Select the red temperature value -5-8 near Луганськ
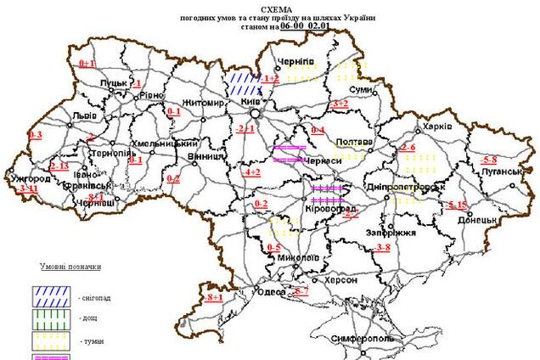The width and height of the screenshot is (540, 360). point(489,160)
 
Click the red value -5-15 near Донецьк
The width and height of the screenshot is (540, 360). point(456,205)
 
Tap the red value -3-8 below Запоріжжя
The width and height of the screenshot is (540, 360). point(382,247)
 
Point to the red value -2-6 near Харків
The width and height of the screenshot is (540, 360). point(407,149)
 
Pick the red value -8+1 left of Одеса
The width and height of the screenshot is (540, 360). point(214,297)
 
